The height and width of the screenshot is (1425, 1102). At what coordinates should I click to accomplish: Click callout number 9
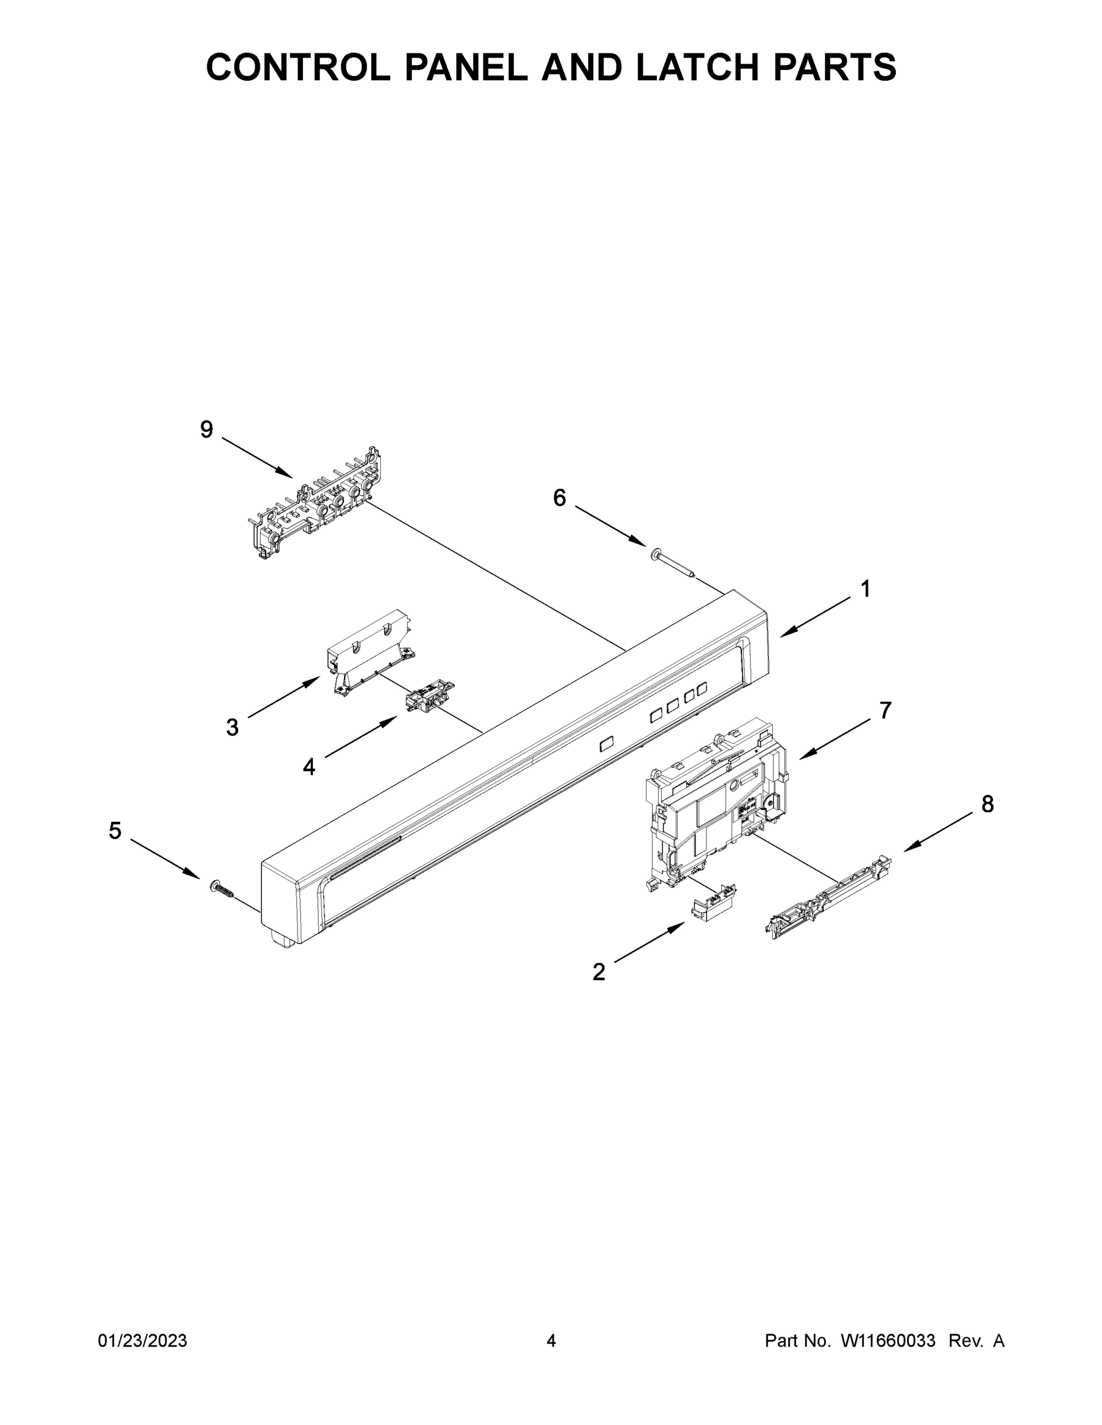(x=206, y=430)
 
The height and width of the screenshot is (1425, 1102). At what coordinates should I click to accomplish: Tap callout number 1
(x=865, y=589)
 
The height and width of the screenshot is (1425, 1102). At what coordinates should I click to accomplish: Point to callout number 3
(x=232, y=727)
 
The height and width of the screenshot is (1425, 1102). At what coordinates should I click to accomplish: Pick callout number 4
(x=309, y=767)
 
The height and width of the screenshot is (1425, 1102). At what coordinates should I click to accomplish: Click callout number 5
(x=115, y=831)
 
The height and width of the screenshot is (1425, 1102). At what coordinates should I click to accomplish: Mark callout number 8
(x=987, y=805)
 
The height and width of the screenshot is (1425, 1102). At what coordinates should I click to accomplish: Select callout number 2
(x=599, y=990)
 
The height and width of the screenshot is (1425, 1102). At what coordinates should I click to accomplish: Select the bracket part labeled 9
(x=316, y=506)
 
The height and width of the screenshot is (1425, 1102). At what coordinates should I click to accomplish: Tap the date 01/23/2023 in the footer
(x=143, y=1340)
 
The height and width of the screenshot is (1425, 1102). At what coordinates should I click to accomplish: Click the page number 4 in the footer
(x=551, y=1340)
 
